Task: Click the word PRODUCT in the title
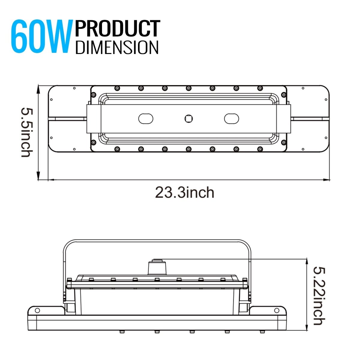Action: tap(118, 29)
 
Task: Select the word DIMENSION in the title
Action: tap(117, 47)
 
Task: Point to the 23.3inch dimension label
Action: tap(184, 193)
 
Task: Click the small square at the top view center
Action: tap(188, 118)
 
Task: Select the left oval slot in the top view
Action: tap(145, 118)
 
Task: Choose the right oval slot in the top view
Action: tap(231, 118)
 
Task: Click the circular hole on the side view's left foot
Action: tap(37, 310)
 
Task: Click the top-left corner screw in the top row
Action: tap(117, 88)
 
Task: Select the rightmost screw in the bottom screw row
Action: tap(260, 149)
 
